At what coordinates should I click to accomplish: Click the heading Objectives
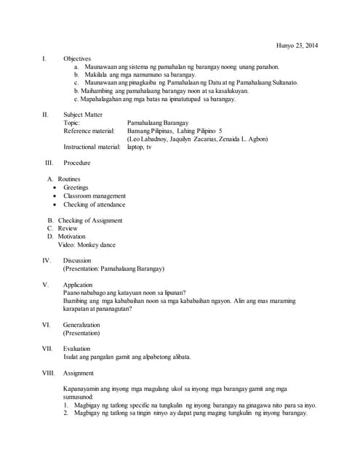pyautogui.click(x=77, y=58)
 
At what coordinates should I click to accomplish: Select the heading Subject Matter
pyautogui.click(x=82, y=115)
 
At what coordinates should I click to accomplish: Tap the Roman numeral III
pyautogui.click(x=49, y=163)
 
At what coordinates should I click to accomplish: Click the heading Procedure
pyautogui.click(x=77, y=163)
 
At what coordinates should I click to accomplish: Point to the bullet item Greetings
pyautogui.click(x=76, y=187)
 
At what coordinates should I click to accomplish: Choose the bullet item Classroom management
pyautogui.click(x=95, y=196)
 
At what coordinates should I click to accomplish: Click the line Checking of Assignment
pyautogui.click(x=90, y=220)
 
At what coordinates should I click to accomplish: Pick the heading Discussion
pyautogui.click(x=77, y=260)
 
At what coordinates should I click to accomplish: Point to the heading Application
pyautogui.click(x=78, y=285)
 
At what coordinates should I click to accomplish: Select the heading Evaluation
pyautogui.click(x=77, y=349)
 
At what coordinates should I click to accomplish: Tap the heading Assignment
pyautogui.click(x=79, y=373)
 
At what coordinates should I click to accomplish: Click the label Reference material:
pyautogui.click(x=89, y=131)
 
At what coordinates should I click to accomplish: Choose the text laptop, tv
pyautogui.click(x=140, y=147)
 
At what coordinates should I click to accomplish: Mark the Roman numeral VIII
pyautogui.click(x=49, y=373)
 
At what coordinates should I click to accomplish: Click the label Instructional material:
pyautogui.click(x=92, y=147)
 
